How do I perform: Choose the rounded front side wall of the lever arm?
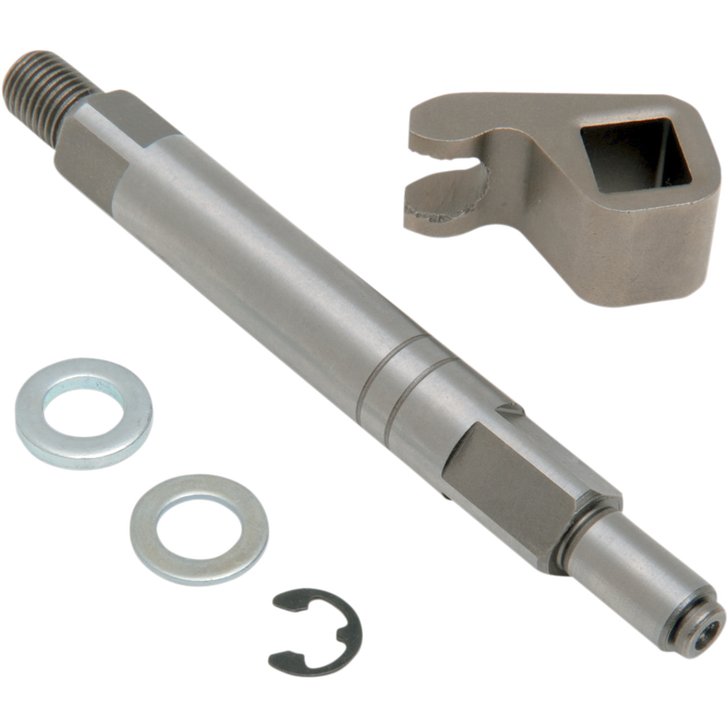(624, 254)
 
